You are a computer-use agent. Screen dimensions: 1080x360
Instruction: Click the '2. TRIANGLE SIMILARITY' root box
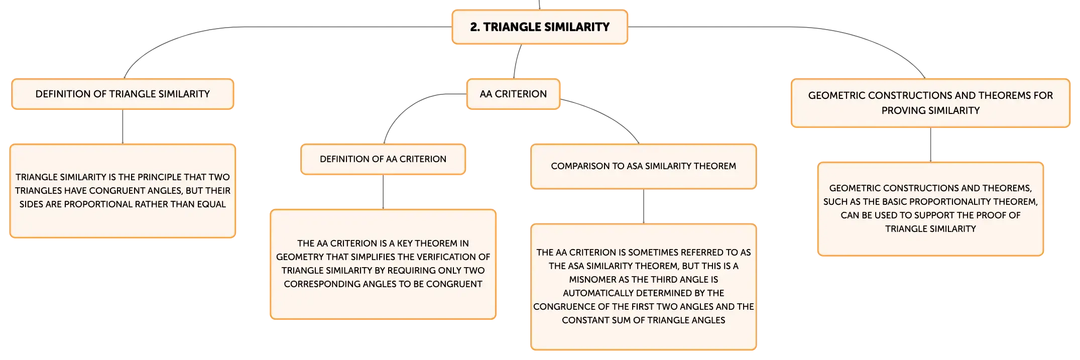click(x=540, y=27)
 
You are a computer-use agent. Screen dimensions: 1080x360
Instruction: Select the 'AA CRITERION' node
click(x=513, y=94)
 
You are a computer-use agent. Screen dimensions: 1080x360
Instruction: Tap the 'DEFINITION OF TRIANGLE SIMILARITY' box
click(x=123, y=94)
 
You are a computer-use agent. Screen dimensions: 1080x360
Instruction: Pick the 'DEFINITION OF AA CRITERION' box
click(x=383, y=159)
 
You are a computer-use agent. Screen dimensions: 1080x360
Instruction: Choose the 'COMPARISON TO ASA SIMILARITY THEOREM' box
click(x=643, y=166)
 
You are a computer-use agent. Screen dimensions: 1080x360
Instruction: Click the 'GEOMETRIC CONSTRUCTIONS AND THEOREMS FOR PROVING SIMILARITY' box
click(x=930, y=103)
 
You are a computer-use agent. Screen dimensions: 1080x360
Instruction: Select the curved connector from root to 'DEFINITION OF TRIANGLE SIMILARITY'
click(x=241, y=27)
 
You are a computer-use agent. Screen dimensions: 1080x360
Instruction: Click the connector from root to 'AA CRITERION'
click(x=516, y=61)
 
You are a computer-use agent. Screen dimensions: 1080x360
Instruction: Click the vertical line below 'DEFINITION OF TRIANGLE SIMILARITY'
click(x=123, y=127)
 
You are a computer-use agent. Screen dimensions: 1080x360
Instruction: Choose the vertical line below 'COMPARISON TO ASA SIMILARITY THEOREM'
click(x=643, y=206)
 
